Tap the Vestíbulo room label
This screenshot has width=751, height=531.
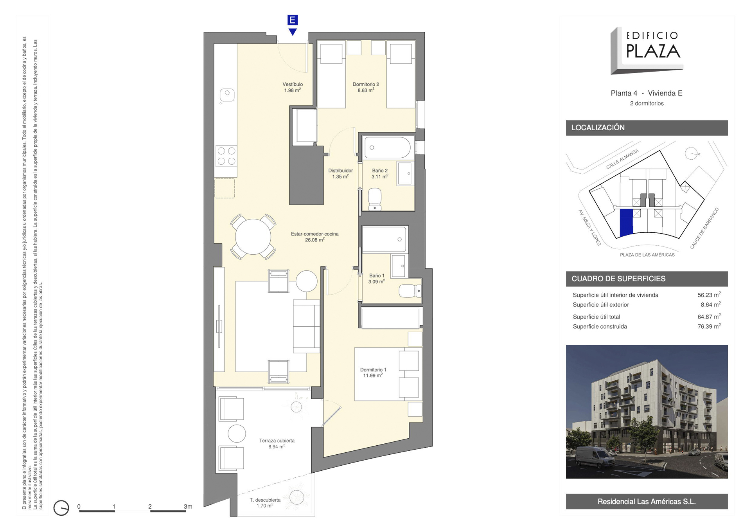[293, 87]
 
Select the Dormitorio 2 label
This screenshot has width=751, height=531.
[366, 87]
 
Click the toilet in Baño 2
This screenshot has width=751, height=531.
[375, 199]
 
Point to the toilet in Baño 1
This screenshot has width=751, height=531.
[410, 291]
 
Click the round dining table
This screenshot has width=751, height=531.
[253, 237]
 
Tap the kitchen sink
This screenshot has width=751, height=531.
[227, 94]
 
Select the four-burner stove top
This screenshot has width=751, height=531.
[226, 156]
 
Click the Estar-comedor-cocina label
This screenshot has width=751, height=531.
[314, 237]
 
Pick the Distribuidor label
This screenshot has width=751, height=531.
[340, 173]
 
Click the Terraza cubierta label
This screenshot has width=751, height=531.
[277, 443]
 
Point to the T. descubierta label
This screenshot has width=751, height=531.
[265, 503]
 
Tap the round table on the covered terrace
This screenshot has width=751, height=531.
[237, 434]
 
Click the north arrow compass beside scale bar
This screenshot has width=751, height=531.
[61, 508]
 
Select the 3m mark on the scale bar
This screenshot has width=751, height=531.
[188, 506]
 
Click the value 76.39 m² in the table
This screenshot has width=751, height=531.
[709, 326]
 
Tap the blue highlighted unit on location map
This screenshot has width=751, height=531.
[627, 223]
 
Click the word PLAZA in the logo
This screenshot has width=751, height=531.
[653, 51]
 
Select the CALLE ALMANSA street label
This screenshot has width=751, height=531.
[622, 159]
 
